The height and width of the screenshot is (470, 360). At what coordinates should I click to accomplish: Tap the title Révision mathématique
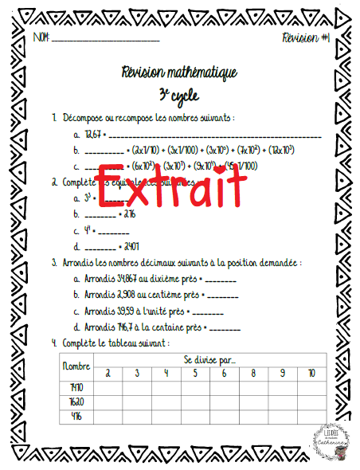179,73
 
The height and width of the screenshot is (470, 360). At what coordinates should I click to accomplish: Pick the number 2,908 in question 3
130,295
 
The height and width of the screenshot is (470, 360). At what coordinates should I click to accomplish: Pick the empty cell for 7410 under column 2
108,386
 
